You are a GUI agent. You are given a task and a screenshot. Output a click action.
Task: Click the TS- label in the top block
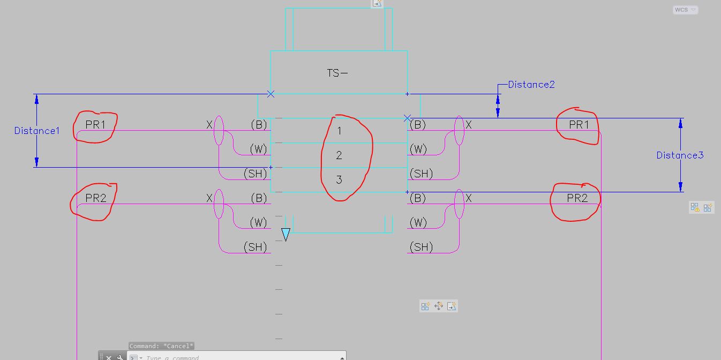coord(337,73)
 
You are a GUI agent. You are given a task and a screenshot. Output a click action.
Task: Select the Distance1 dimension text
coord(37,131)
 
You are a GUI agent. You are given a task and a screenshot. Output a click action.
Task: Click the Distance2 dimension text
coord(531,85)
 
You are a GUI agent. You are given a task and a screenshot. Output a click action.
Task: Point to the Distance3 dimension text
coord(680,155)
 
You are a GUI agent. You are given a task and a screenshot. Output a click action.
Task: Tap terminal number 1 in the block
coord(339,131)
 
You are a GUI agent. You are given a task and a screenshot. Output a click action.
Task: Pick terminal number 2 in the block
coord(339,155)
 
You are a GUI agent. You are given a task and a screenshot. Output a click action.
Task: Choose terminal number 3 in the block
coord(339,179)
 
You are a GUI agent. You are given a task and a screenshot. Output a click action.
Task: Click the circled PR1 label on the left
coord(95,125)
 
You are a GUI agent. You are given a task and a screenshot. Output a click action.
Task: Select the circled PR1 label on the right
coord(579,125)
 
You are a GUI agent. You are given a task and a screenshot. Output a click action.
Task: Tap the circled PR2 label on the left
coord(95,198)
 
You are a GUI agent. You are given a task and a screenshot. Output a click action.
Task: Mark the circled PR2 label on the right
coord(577,198)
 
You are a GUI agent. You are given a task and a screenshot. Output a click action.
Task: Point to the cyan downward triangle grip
coord(286,235)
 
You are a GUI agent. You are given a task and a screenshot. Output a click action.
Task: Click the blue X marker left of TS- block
coord(271,94)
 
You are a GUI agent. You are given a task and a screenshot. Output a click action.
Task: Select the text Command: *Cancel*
coord(161,346)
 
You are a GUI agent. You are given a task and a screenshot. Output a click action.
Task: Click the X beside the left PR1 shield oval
coord(209,125)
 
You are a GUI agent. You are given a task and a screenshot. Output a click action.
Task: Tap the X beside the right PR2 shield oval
coord(469,198)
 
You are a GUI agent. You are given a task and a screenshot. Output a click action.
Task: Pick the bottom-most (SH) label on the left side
coord(255,247)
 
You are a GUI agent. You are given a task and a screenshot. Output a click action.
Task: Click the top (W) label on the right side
coord(418,149)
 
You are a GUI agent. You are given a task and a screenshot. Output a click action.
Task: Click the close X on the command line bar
coord(109,357)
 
